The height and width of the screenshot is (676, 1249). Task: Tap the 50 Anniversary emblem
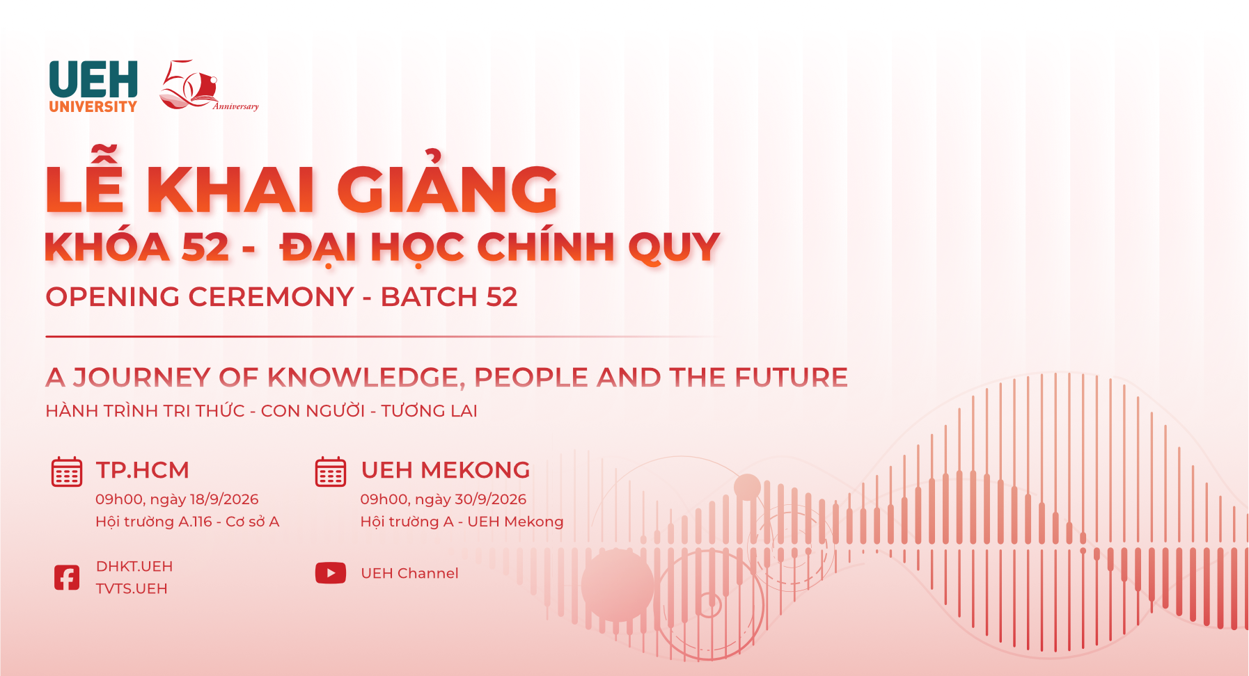[x=209, y=86]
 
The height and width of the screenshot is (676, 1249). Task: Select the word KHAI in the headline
[x=230, y=189]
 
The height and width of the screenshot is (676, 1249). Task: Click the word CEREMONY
[x=272, y=297]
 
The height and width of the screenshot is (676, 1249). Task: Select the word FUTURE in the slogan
[x=792, y=377]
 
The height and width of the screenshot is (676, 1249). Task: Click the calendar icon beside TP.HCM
[x=67, y=472]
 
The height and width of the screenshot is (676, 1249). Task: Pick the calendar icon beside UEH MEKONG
[x=331, y=472]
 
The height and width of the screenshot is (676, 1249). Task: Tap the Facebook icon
[x=67, y=577]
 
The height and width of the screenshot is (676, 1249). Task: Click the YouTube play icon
[x=331, y=573]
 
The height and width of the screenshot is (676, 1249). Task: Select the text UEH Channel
[x=409, y=573]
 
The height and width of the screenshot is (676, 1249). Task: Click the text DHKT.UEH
[x=134, y=566]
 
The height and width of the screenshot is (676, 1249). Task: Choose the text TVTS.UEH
[x=132, y=588]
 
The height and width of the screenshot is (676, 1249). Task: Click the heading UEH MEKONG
[x=446, y=470]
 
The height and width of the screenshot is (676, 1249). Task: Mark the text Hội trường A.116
[x=154, y=522]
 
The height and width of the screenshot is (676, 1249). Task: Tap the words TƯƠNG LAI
[x=429, y=411]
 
